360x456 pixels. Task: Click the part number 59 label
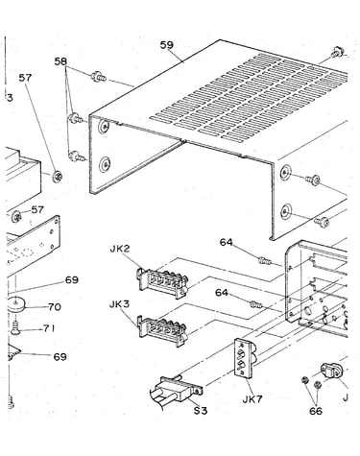[167, 45]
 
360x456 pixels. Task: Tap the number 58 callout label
[60, 61]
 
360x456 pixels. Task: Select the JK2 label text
[120, 249]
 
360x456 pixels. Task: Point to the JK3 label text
[119, 304]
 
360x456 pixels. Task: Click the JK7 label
[252, 399]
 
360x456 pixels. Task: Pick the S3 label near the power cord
[201, 410]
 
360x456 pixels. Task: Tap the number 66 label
[316, 411]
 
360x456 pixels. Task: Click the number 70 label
[55, 307]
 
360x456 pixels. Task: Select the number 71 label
[49, 328]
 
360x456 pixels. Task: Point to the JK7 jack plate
[246, 358]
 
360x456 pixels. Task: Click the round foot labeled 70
[16, 304]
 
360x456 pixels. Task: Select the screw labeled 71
[15, 328]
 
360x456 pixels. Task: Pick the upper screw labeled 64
[265, 261]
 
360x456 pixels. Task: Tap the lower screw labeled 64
[256, 304]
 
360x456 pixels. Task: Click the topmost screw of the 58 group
[98, 77]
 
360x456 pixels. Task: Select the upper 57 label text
[25, 77]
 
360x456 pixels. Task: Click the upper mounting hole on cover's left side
[104, 128]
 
